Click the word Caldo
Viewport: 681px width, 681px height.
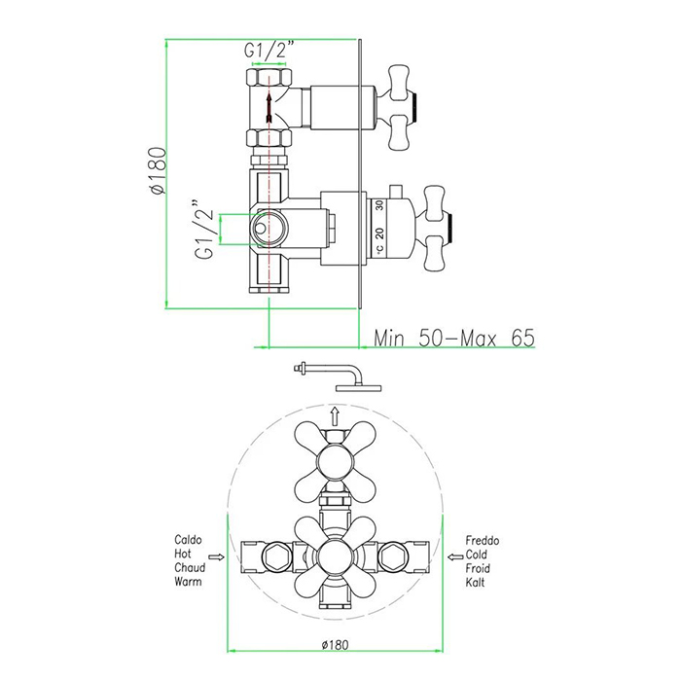tap(188, 540)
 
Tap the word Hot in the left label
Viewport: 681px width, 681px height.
tap(183, 554)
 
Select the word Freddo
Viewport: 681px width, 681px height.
tap(483, 541)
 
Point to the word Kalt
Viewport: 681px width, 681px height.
tap(475, 583)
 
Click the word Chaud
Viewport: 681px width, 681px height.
tap(190, 567)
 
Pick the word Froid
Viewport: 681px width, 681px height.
tap(478, 568)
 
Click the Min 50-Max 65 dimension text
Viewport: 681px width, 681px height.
tap(454, 338)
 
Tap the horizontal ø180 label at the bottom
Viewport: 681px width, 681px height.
tap(335, 645)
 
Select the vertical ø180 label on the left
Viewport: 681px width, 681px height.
tap(158, 170)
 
